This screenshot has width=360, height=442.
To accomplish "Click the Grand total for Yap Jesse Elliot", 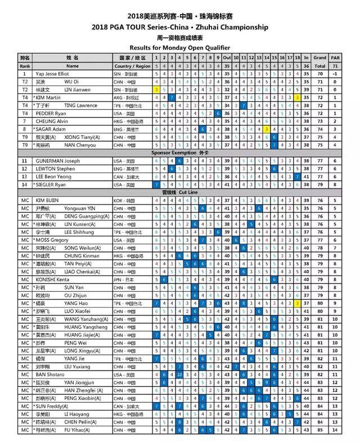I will (x=321, y=74).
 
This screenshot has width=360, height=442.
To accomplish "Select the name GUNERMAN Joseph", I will (x=56, y=160).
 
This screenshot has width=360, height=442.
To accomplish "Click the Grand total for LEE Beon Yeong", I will (x=321, y=176).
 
